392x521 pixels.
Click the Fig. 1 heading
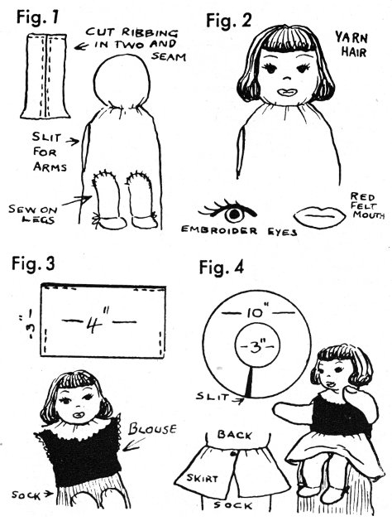point(37,17)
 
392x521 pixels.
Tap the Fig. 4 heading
point(222,268)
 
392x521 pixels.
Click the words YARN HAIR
point(351,44)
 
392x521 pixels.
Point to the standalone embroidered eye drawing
point(227,212)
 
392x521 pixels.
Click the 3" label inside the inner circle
point(257,346)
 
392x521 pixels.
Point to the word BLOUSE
point(152,428)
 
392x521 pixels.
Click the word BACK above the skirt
point(235,435)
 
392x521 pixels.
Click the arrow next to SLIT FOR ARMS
point(73,142)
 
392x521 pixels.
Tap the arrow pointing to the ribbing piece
point(81,46)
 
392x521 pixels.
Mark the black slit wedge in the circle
point(250,381)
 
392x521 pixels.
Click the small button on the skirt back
point(233,453)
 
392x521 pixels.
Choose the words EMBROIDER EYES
point(239,231)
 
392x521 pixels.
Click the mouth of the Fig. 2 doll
point(286,92)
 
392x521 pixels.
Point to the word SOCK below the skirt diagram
point(233,506)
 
